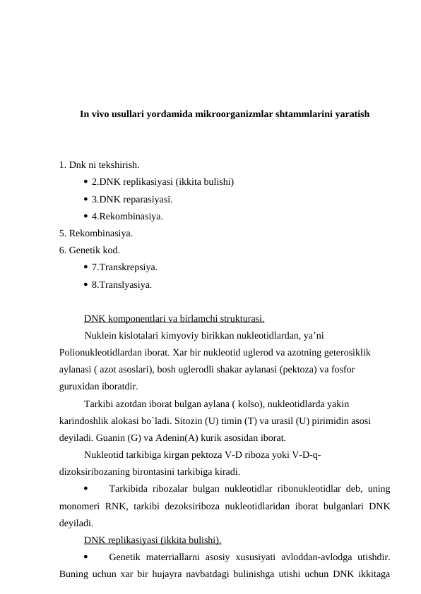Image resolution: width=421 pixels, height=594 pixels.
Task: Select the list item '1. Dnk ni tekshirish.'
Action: coord(100,166)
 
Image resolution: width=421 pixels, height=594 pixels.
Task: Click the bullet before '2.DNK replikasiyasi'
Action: coord(85,182)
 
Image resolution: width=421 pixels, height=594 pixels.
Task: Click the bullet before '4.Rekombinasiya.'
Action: coord(85,217)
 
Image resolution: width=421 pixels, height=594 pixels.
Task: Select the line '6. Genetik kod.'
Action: coord(90,250)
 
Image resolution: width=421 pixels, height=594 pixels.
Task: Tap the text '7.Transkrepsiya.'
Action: coord(124,267)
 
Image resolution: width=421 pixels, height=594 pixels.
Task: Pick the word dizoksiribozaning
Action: coord(95,471)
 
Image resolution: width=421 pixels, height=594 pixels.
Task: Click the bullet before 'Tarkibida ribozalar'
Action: coord(85,488)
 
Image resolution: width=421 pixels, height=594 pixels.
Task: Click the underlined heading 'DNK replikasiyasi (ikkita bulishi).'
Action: coord(153,540)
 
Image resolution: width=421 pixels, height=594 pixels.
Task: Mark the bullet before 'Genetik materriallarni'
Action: coord(85,557)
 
